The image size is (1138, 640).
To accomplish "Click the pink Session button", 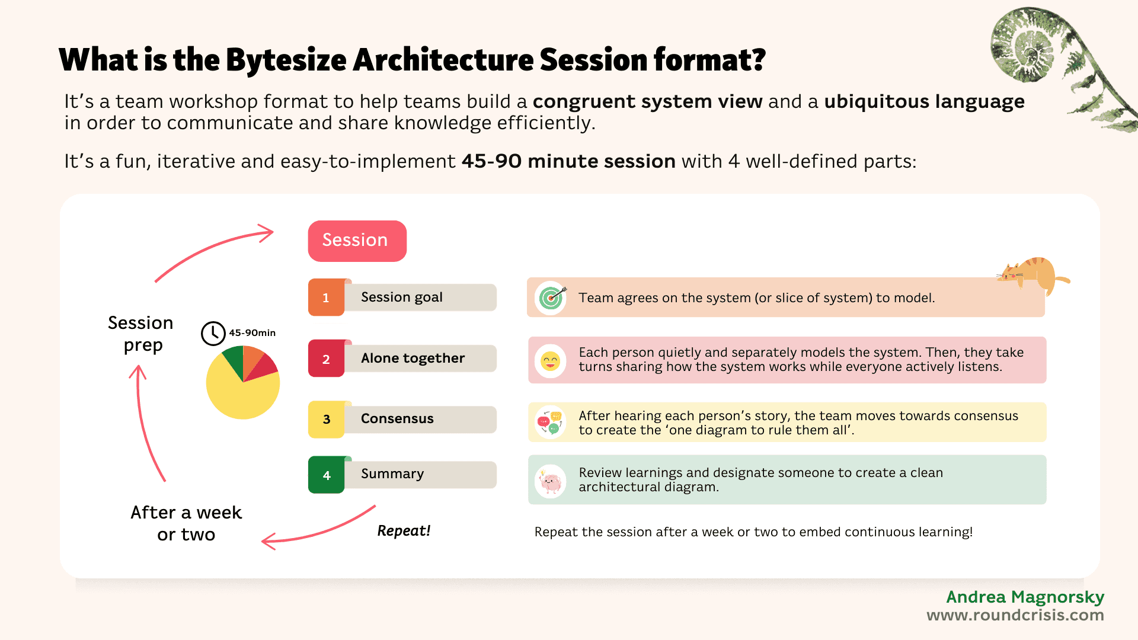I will (357, 241).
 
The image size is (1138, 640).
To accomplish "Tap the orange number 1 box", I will (326, 297).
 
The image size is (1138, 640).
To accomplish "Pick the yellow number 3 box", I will (326, 420).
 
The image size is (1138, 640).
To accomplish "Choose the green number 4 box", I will (326, 475).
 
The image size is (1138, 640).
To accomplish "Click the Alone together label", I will (413, 359).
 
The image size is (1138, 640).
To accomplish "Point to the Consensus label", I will (398, 419).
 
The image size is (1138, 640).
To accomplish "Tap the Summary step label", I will (392, 474).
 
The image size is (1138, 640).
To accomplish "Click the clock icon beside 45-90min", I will (213, 334).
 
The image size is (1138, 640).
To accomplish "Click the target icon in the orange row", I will (551, 297).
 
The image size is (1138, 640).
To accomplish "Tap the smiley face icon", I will (550, 360).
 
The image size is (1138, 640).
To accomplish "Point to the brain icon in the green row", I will (550, 481).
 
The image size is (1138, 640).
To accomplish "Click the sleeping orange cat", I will (1034, 274).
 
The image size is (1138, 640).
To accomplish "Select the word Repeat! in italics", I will (404, 531).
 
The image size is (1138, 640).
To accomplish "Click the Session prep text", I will (141, 334).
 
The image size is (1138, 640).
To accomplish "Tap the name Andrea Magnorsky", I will (1025, 597).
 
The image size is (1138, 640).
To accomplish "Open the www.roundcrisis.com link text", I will (1015, 616).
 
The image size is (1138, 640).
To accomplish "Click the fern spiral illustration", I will (1031, 47).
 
